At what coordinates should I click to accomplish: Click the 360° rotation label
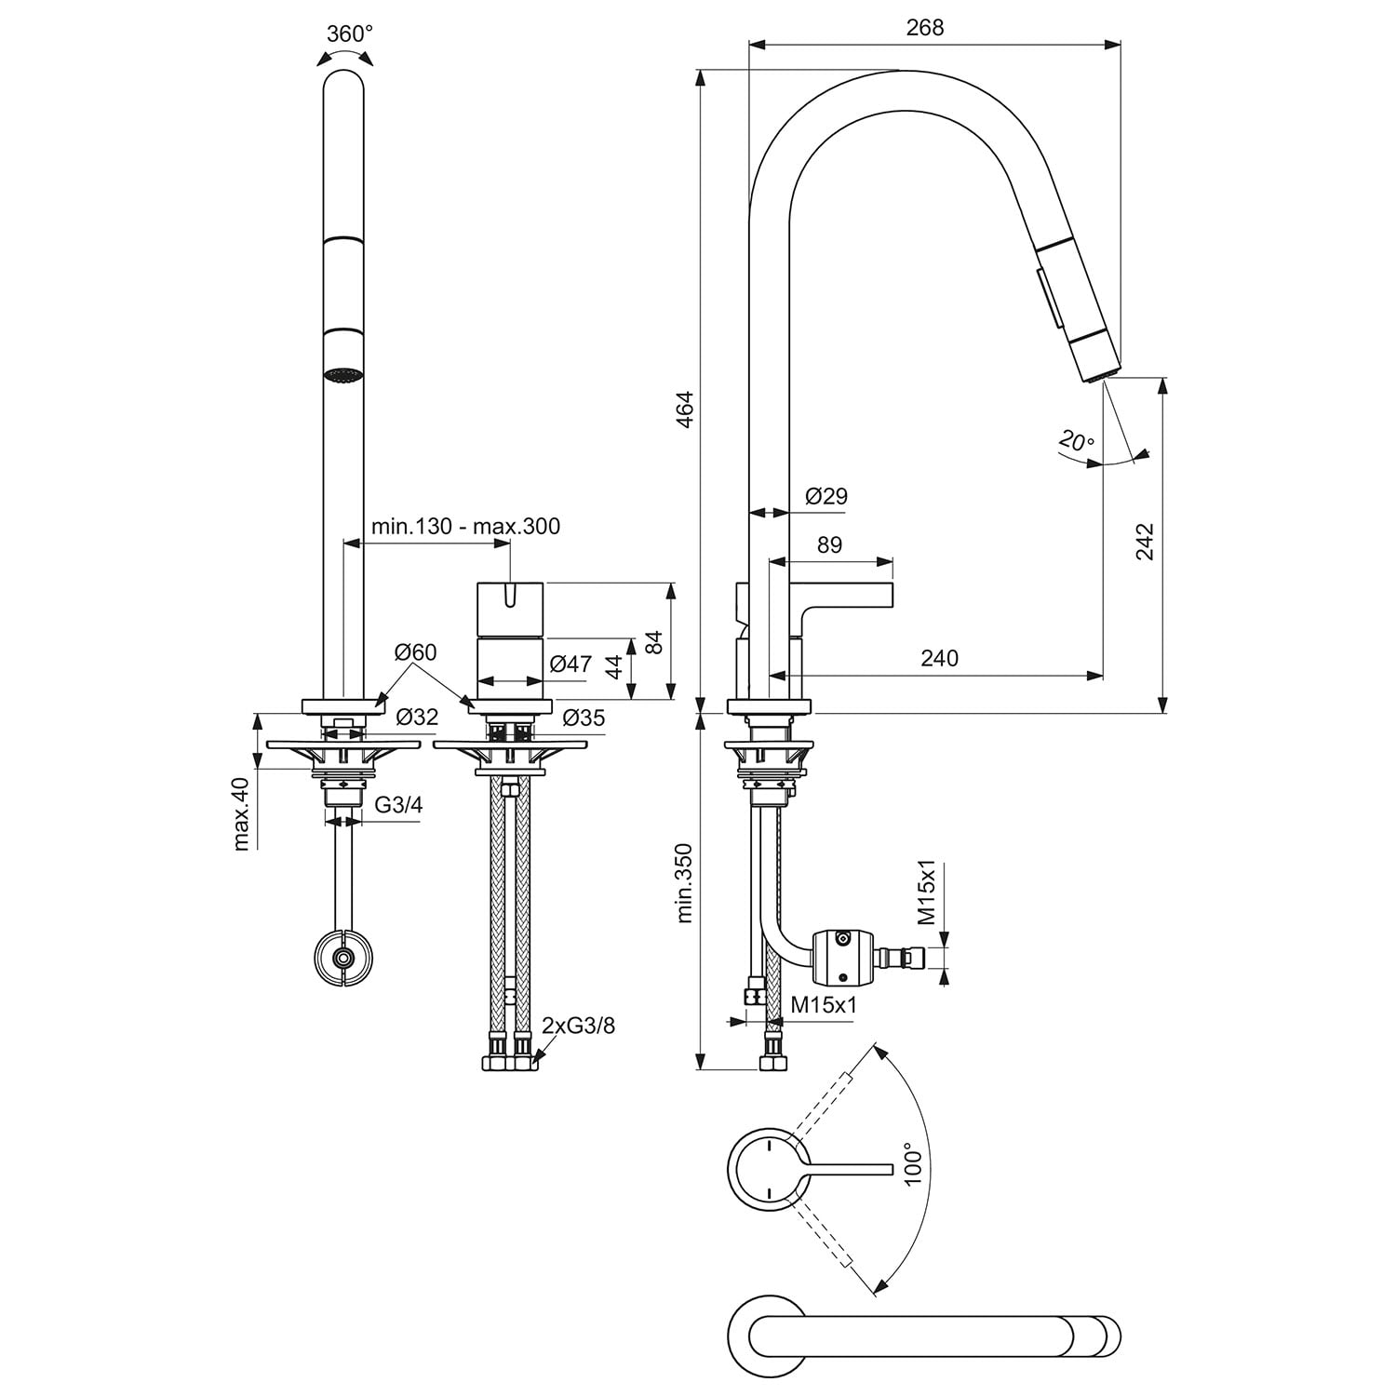pos(350,34)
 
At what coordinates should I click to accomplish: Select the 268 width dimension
pos(924,27)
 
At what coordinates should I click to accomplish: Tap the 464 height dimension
pos(685,410)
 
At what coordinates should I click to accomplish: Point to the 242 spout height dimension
pos(1145,542)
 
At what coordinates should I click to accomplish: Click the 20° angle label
pos(1076,440)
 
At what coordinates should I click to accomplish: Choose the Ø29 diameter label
pos(826,496)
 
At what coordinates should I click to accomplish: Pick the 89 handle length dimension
pos(829,544)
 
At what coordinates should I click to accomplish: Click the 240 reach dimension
pos(939,658)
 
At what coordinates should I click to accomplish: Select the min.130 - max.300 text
pos(465,527)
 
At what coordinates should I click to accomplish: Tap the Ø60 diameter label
pos(415,652)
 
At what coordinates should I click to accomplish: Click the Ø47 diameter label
pos(570,664)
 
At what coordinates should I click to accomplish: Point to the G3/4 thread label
pos(398,805)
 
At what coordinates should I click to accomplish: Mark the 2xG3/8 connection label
pos(578,1026)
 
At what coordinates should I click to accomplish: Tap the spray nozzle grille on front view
pos(342,375)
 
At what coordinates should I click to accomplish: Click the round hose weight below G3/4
pos(343,957)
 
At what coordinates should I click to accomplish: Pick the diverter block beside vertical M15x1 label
pos(844,957)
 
